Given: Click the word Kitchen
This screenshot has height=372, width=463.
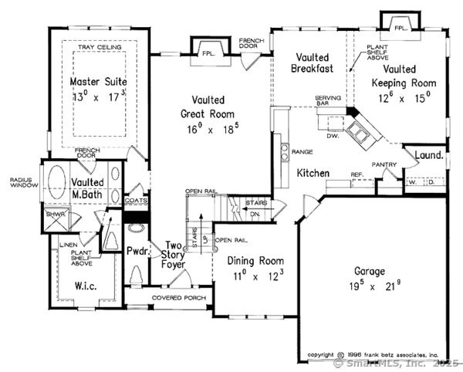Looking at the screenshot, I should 314,174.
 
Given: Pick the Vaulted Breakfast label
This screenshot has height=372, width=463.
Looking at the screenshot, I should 312,63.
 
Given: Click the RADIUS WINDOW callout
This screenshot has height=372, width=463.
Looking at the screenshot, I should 22,183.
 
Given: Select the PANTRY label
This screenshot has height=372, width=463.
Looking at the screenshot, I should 384,164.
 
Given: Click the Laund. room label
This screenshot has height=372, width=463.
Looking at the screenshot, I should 428,155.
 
